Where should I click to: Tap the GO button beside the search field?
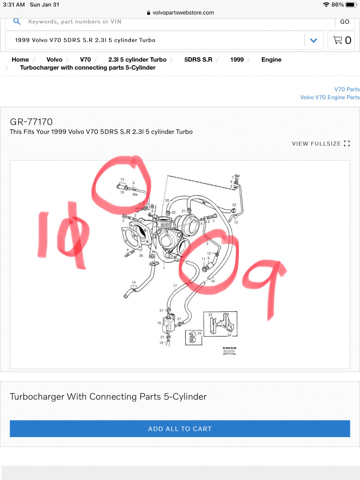click(344, 22)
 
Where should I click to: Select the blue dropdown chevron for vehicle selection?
click(314, 40)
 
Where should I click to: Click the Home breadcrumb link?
click(20, 60)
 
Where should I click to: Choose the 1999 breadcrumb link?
click(237, 60)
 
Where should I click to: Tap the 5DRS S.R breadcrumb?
click(198, 60)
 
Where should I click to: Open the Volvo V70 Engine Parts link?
click(330, 97)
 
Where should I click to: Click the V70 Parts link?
click(347, 89)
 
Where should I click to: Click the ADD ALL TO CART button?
click(180, 428)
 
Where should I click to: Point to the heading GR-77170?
click(31, 122)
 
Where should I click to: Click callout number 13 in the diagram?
click(122, 180)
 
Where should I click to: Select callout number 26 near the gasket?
click(141, 256)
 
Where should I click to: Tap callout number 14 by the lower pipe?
click(134, 283)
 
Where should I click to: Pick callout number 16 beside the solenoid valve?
click(159, 323)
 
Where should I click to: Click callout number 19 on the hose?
click(213, 281)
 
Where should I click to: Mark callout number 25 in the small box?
click(199, 333)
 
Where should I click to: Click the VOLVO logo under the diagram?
click(229, 348)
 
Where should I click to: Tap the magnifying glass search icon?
click(17, 22)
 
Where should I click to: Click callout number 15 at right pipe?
click(236, 222)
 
